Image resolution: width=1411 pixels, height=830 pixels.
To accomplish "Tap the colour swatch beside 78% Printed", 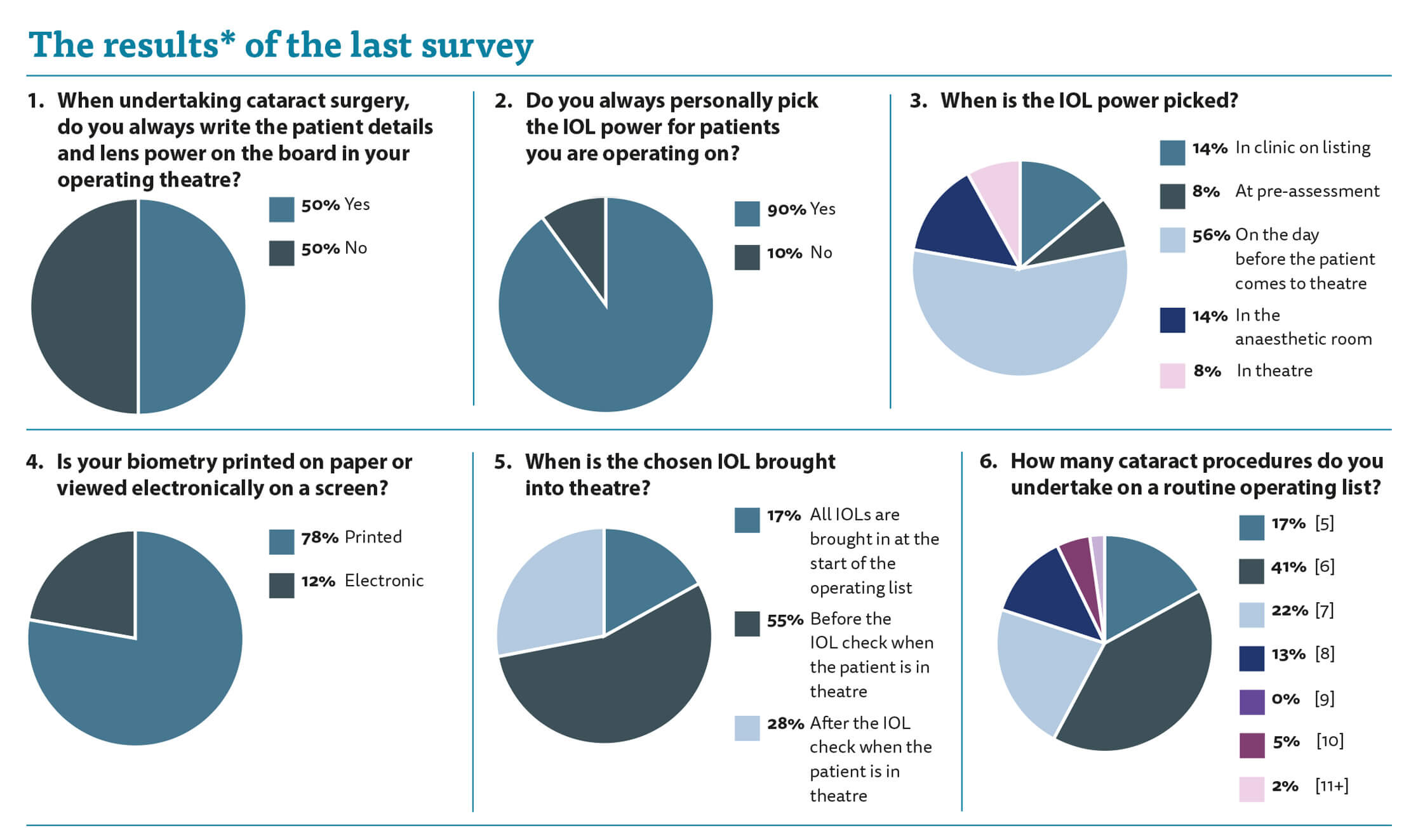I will pyautogui.click(x=281, y=542).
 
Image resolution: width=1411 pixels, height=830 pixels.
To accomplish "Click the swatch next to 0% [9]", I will pyautogui.click(x=1252, y=702).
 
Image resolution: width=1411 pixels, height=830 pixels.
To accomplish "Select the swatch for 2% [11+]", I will pyautogui.click(x=1252, y=789).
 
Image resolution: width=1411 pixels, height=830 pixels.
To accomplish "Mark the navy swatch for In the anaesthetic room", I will pyautogui.click(x=1172, y=320).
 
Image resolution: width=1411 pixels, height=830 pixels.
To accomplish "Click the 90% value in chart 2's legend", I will pyautogui.click(x=786, y=210).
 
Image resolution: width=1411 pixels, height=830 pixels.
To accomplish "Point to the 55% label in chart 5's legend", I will pyautogui.click(x=785, y=621).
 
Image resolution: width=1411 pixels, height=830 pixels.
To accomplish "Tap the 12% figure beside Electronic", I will pyautogui.click(x=318, y=581).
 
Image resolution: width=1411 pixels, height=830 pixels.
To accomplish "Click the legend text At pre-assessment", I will pyautogui.click(x=1307, y=191).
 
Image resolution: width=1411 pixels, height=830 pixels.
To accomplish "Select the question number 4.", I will pyautogui.click(x=34, y=462).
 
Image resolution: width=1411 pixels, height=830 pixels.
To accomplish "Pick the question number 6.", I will pyautogui.click(x=988, y=461).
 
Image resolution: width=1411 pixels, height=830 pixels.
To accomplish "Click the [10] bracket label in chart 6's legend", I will pyautogui.click(x=1330, y=741).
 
